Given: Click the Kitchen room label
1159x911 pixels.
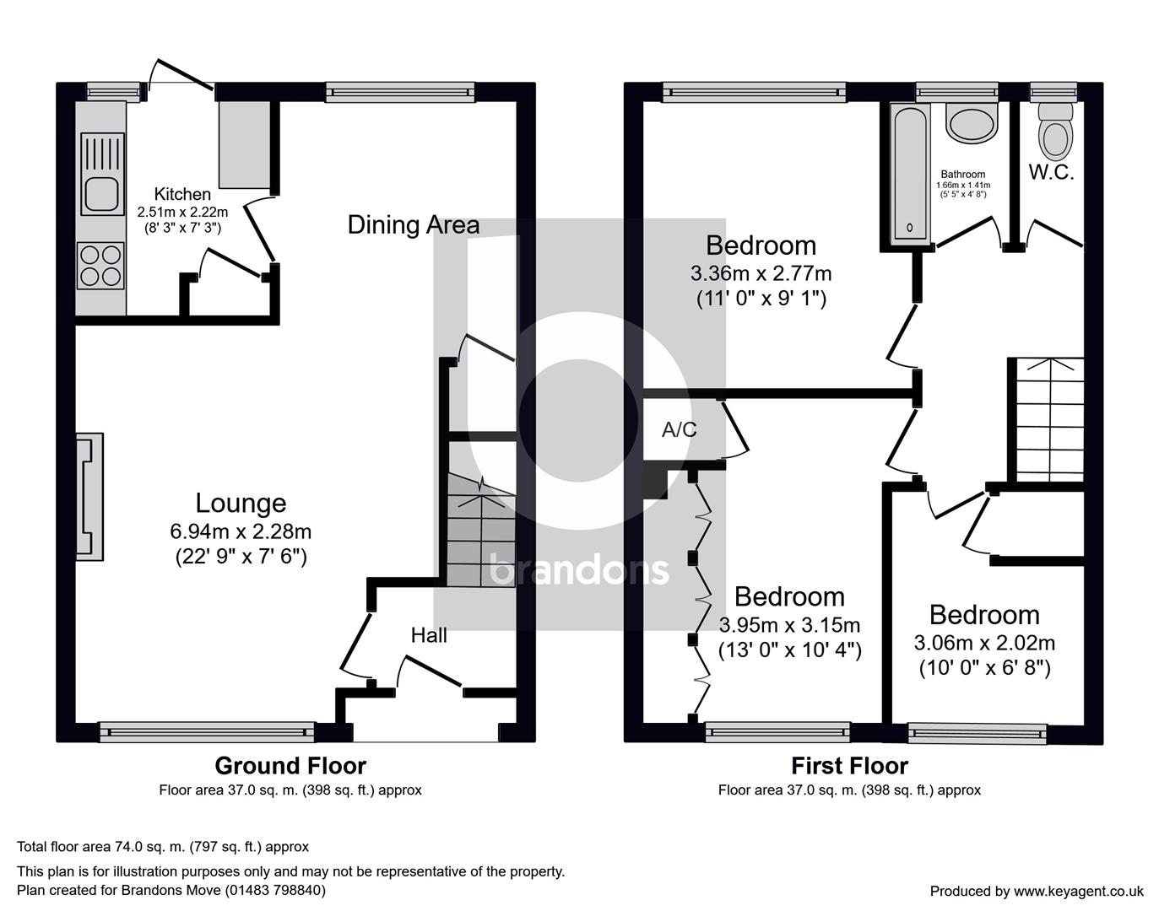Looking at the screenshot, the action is click(182, 194).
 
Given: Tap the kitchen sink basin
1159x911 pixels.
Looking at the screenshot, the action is click(102, 195).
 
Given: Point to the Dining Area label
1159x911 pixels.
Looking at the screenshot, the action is click(413, 225).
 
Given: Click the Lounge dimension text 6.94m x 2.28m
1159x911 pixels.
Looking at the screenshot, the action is click(241, 531).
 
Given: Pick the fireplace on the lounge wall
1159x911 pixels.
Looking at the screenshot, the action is click(90, 497).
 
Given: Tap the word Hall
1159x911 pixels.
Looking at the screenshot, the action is click(429, 635).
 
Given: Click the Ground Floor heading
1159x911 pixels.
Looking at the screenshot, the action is click(290, 765).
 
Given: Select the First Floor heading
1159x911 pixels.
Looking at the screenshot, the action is click(849, 765).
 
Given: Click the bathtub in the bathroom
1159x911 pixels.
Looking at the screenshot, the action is click(910, 172).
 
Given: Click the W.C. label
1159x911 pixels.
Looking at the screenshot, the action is click(1051, 172).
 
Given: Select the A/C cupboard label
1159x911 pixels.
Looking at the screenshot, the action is click(680, 429).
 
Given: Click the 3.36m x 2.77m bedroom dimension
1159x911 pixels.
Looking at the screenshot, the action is click(761, 274).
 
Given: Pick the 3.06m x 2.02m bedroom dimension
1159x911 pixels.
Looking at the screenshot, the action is click(984, 643).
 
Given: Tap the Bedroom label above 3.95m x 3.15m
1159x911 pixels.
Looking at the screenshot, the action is click(789, 596).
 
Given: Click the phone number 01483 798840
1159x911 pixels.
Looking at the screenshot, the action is click(274, 890).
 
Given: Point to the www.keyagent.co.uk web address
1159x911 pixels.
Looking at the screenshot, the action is click(1078, 891).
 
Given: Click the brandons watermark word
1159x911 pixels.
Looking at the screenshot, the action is click(579, 570).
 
